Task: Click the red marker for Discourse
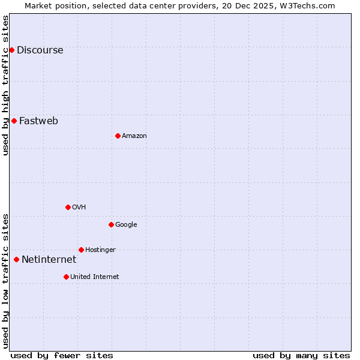[11, 50]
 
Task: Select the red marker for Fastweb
[14, 121]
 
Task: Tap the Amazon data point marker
[118, 136]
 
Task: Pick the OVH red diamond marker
[68, 207]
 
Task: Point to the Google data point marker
[111, 224]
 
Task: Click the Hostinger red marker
[81, 250]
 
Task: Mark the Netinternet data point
[16, 259]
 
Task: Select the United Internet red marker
[66, 277]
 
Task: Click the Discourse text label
[40, 50]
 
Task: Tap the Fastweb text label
[38, 121]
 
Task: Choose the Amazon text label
[134, 136]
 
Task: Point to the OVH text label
[79, 208]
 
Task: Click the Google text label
[126, 225]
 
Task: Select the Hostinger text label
[100, 250]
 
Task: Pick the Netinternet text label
[49, 260]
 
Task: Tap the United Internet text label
[94, 277]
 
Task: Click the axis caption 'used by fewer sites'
[62, 355]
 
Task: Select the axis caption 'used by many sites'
[301, 355]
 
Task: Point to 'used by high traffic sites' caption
[5, 85]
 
